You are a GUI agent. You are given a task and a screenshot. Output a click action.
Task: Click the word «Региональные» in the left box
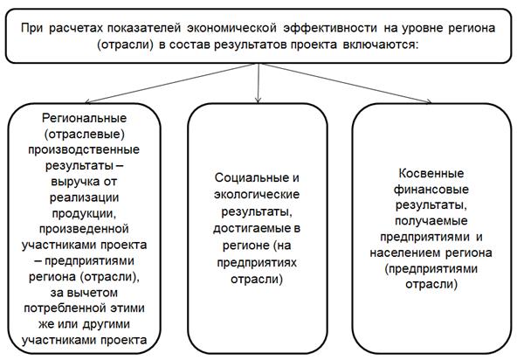click(x=84, y=118)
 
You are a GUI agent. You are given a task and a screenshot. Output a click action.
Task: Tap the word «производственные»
click(x=84, y=149)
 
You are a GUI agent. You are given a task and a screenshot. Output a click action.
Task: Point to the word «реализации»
click(x=84, y=197)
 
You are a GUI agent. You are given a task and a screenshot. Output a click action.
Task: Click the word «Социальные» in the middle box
click(x=252, y=178)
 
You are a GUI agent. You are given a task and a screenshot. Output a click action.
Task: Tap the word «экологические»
click(x=257, y=195)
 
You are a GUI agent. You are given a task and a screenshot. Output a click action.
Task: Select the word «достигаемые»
click(x=252, y=229)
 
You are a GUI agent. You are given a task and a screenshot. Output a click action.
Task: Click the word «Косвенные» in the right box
click(x=431, y=173)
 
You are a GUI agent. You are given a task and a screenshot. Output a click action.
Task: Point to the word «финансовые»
click(x=431, y=190)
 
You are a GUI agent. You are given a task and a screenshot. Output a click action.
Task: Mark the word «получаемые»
click(x=431, y=221)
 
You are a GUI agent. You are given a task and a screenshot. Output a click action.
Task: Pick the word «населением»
click(x=405, y=253)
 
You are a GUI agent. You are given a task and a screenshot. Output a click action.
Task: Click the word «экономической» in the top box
click(x=231, y=28)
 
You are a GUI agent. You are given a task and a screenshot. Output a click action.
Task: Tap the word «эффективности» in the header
click(x=330, y=28)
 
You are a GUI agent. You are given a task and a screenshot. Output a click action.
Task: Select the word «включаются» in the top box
click(x=381, y=45)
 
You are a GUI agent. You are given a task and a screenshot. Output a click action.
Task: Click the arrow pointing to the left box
click(x=169, y=83)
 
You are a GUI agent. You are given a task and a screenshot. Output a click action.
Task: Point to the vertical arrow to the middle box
click(x=258, y=83)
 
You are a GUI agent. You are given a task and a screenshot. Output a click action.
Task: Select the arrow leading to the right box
click(x=345, y=83)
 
